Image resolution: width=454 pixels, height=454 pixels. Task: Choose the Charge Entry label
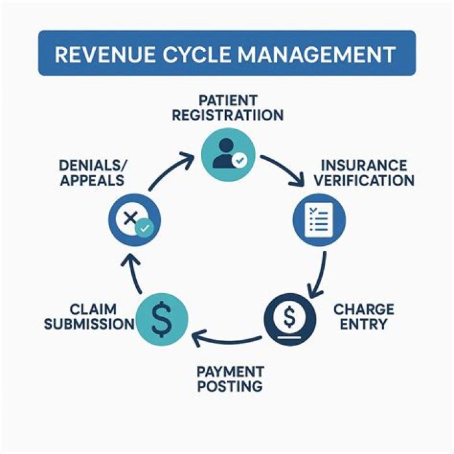coord(363,317)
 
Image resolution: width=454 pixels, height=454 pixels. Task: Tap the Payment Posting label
coord(230,378)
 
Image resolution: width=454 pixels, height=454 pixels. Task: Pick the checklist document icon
coord(320,221)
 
